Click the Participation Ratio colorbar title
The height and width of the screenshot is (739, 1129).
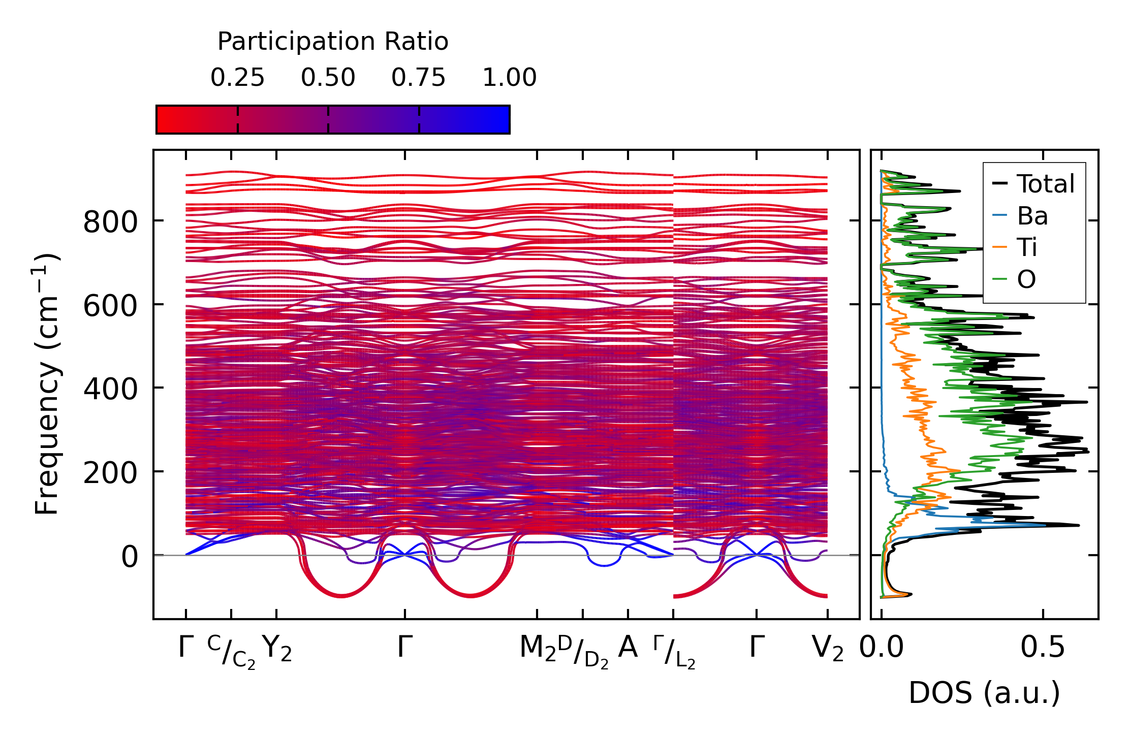tap(333, 42)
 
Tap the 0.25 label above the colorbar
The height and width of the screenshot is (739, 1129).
tap(237, 78)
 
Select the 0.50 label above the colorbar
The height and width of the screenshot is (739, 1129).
tap(328, 78)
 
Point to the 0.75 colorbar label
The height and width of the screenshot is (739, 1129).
tap(418, 78)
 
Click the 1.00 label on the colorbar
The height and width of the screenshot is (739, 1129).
tap(509, 78)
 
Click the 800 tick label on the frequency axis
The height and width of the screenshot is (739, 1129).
tap(110, 222)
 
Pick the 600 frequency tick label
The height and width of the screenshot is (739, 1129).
tap(110, 306)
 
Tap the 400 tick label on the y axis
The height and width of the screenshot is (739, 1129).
tap(110, 389)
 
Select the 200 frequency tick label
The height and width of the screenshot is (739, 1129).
tap(110, 473)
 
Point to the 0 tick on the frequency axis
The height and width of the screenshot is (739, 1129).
tap(129, 557)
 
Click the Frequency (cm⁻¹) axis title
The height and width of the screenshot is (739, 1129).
tap(47, 384)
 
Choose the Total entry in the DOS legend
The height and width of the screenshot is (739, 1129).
tap(1045, 184)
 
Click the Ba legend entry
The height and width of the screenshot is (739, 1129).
tap(1032, 216)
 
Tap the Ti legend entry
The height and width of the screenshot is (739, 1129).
tap(1027, 247)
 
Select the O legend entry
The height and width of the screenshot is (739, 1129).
tap(1026, 279)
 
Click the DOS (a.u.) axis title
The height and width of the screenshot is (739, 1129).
tap(984, 693)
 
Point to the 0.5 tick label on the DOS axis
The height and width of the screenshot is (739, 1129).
tap(1043, 648)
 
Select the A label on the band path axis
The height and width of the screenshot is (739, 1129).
tap(628, 648)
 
